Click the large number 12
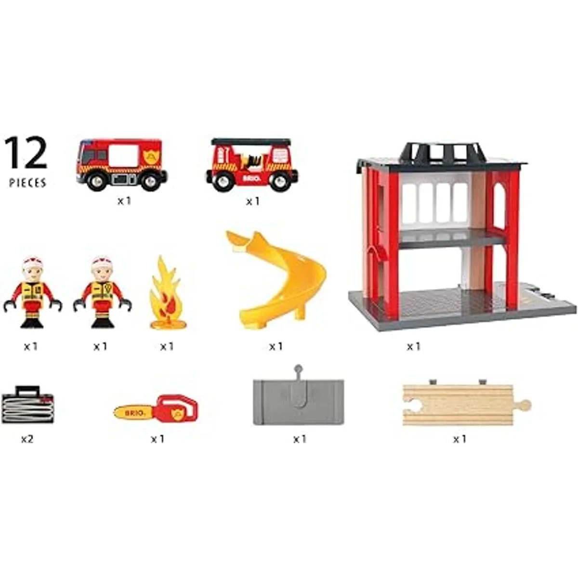click(26, 152)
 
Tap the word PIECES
click(28, 183)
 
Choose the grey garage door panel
click(298, 399)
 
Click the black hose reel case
click(27, 405)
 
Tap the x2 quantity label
click(27, 439)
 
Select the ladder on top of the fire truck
click(251, 142)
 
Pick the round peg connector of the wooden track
click(525, 405)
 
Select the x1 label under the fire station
click(414, 347)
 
